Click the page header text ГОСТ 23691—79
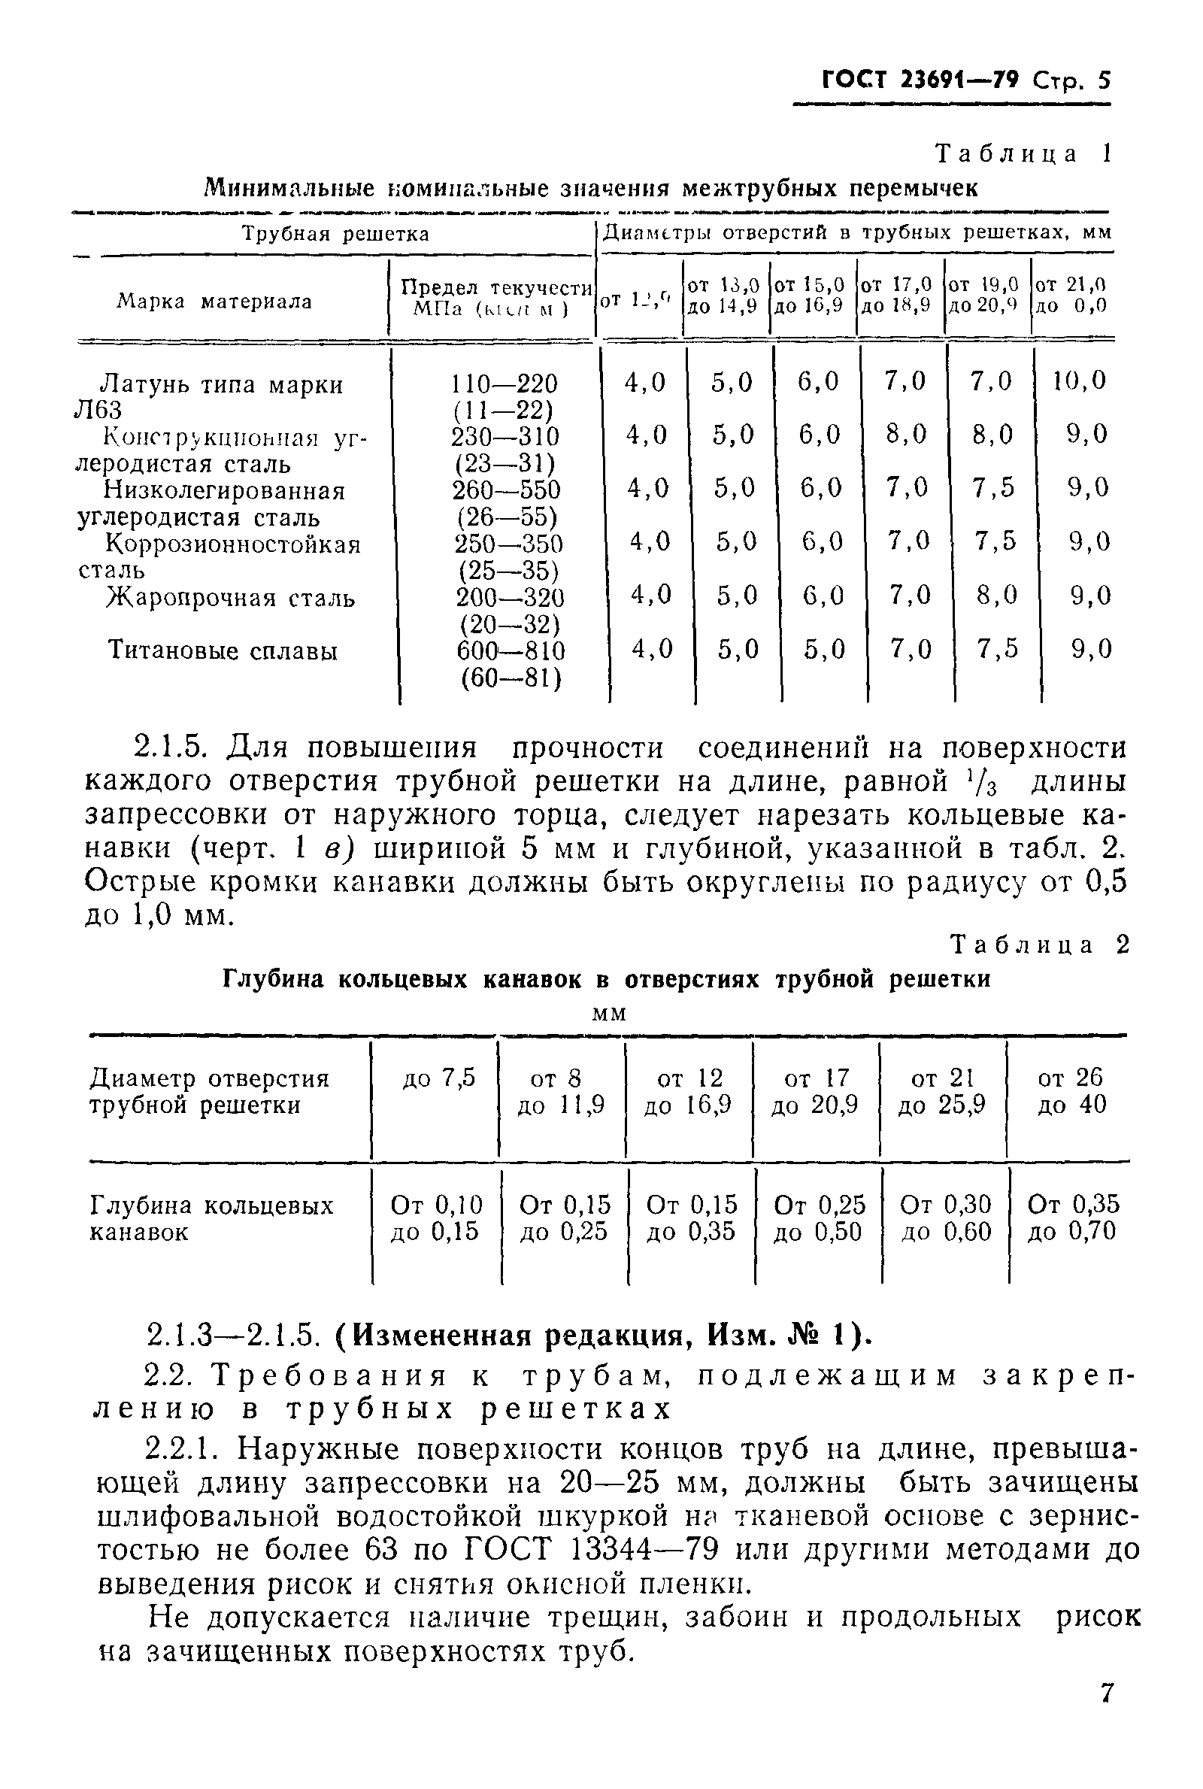[x=920, y=80]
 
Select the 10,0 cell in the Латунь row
[x=1079, y=381]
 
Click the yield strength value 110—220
[x=504, y=383]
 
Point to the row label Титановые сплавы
[x=223, y=651]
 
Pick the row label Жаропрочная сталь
[x=230, y=598]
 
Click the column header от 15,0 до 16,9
[x=810, y=296]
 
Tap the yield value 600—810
[x=511, y=651]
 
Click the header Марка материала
[x=214, y=302]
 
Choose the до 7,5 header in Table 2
[x=439, y=1078]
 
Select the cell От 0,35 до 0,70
[x=1072, y=1217]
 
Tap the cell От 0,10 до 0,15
[x=436, y=1217]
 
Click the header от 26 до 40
[x=1071, y=1091]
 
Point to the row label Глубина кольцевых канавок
[x=211, y=1218]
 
